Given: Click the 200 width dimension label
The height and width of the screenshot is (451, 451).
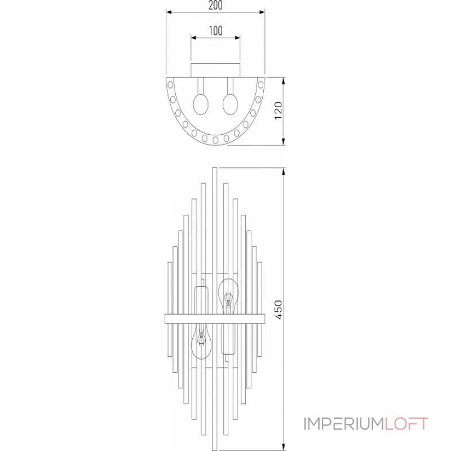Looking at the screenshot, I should coord(215,5).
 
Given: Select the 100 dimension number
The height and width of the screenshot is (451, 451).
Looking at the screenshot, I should coord(215,31).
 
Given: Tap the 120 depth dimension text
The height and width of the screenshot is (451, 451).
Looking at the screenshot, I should coord(277,111).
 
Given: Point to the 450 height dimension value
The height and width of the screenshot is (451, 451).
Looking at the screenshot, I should coord(277,309).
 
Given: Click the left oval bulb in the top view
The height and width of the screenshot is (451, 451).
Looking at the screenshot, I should coord(202,105).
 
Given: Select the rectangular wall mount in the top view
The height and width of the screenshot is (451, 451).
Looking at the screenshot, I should coord(215,69).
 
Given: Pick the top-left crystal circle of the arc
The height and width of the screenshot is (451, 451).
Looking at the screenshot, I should coord(170,83).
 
